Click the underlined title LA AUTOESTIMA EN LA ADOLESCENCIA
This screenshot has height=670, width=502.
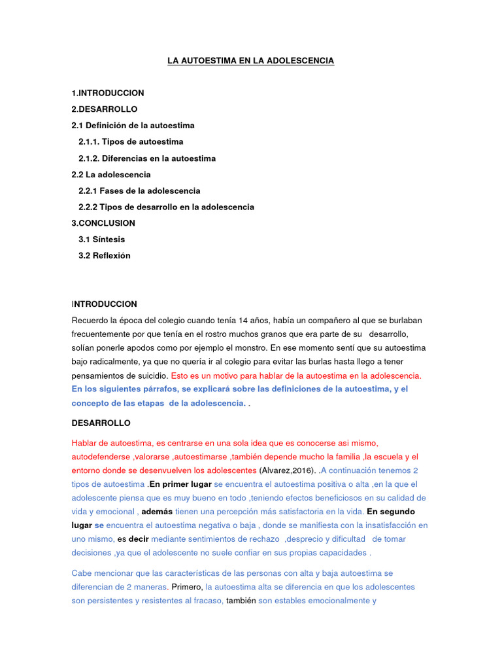(250, 61)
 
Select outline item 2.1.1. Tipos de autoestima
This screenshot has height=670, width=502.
(131, 142)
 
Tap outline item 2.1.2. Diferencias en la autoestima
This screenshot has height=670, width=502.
(147, 158)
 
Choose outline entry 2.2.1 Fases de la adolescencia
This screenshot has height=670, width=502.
(139, 191)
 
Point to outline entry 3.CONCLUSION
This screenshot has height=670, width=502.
(103, 223)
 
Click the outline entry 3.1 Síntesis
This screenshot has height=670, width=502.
(101, 239)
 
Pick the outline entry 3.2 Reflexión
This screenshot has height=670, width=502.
(105, 256)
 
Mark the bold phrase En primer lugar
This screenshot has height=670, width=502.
(180, 485)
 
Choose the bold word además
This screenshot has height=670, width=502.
(157, 512)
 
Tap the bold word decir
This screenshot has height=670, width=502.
(139, 539)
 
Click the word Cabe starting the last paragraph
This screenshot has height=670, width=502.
(82, 573)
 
